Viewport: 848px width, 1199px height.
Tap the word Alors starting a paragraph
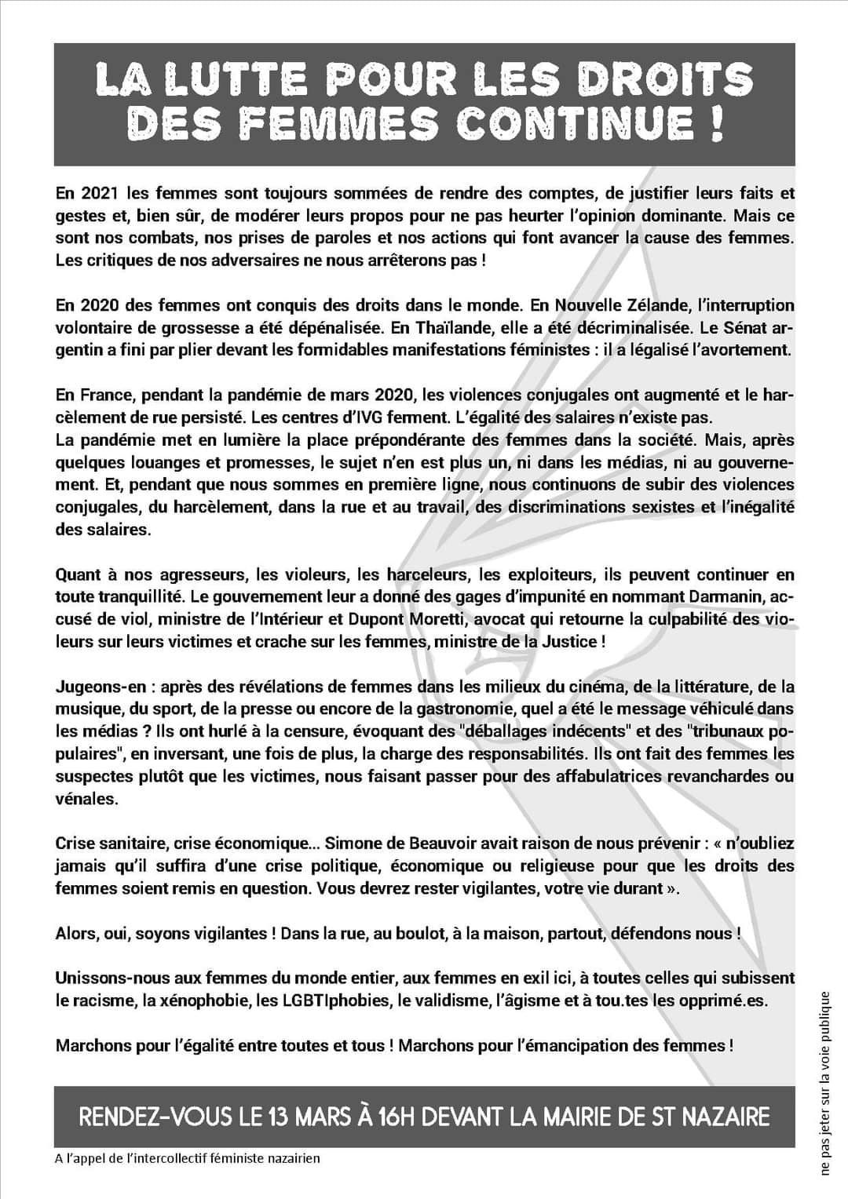[x=76, y=934]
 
